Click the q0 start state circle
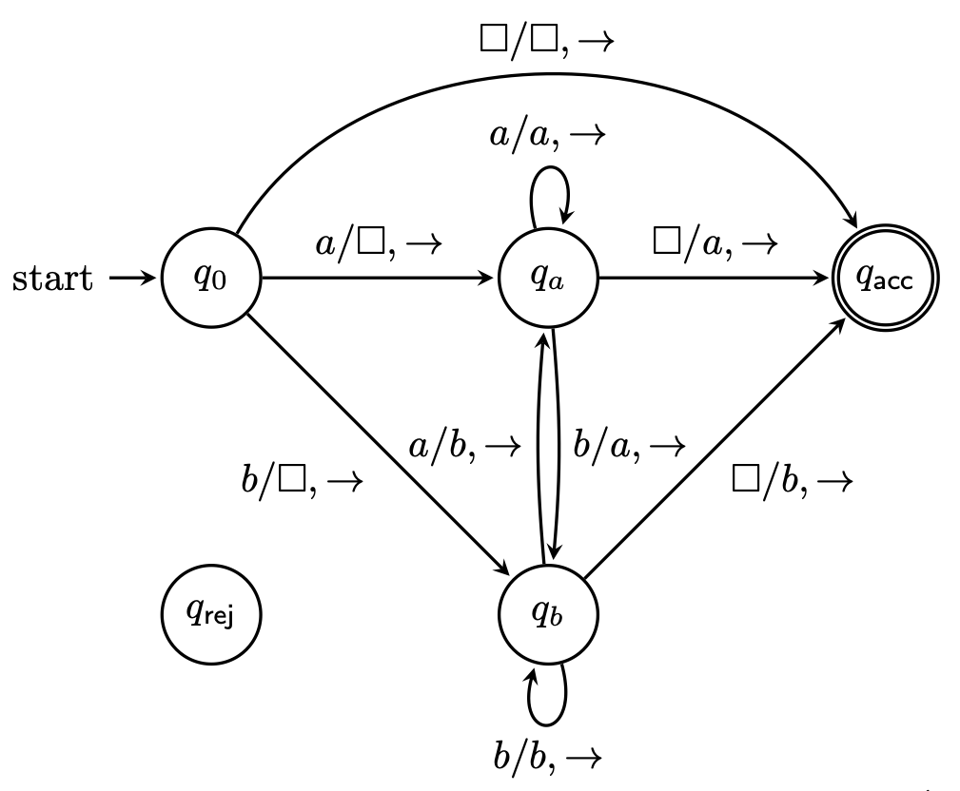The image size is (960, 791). (x=209, y=279)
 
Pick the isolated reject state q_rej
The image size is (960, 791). (x=209, y=609)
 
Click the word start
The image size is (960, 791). (x=52, y=280)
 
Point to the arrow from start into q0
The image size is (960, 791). (x=136, y=280)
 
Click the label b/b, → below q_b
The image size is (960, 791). (x=546, y=758)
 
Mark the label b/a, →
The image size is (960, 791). (x=629, y=443)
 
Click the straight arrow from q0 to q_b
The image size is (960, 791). (x=376, y=442)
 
